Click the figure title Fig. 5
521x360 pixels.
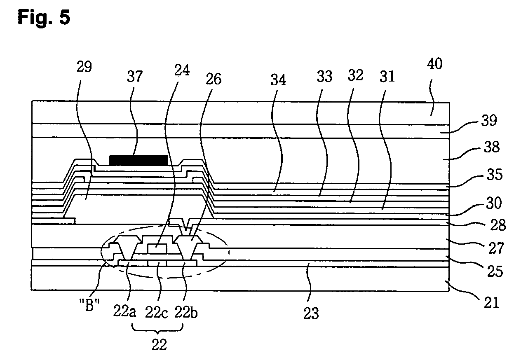coord(44,17)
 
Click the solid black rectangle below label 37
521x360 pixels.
coord(138,160)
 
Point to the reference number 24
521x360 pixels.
coord(182,71)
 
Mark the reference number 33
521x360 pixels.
coord(324,77)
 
